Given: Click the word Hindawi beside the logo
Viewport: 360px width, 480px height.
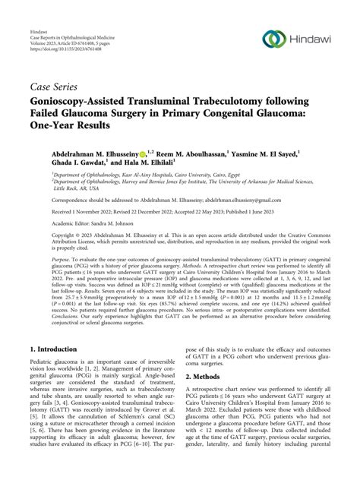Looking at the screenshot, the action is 314,37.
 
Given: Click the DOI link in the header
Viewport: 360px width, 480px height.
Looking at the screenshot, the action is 63,33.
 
